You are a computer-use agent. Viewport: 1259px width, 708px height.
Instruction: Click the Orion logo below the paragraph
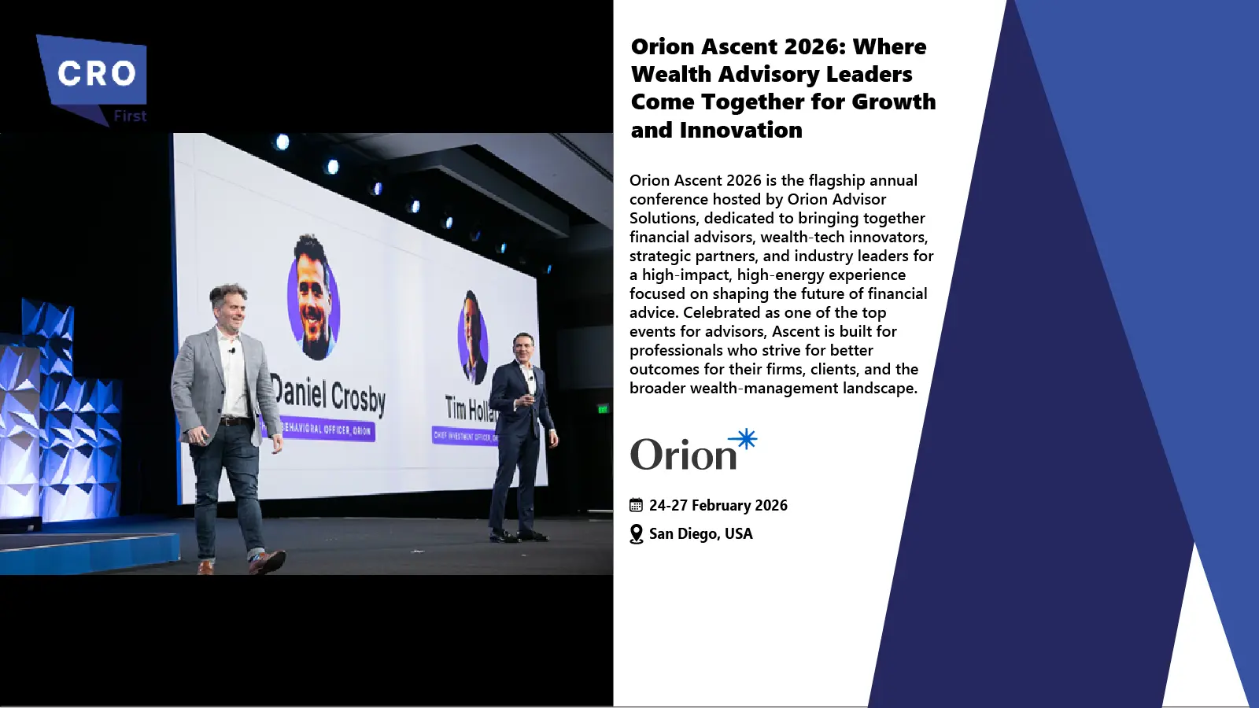[x=692, y=452]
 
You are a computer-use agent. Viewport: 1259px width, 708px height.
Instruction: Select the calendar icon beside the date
[x=636, y=505]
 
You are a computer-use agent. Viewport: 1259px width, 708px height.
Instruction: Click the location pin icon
[x=637, y=534]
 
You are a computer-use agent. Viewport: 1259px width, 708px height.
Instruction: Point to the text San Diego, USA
[x=700, y=533]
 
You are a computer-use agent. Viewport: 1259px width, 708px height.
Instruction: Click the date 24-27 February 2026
[x=718, y=505]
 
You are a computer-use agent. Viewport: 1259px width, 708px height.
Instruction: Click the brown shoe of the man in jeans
[x=266, y=561]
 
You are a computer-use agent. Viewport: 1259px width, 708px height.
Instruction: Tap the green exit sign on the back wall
[x=603, y=408]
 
